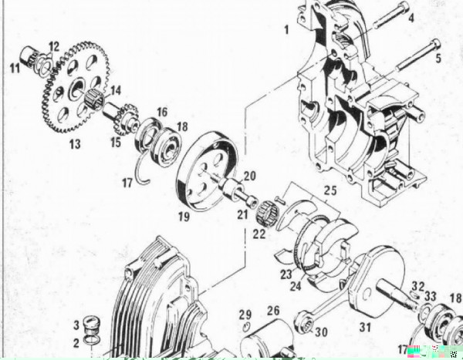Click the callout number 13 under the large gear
tap(75, 144)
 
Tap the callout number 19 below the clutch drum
tap(184, 217)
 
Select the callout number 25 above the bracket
tap(330, 190)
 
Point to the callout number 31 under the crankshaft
tap(365, 327)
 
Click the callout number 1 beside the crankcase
tap(286, 30)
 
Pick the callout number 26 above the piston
tap(273, 311)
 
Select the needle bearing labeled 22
tap(267, 210)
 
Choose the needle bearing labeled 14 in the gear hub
tap(94, 98)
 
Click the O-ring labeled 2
tap(90, 340)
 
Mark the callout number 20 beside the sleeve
tap(249, 177)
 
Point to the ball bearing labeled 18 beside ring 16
tap(165, 146)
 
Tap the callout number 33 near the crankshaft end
tap(431, 296)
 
